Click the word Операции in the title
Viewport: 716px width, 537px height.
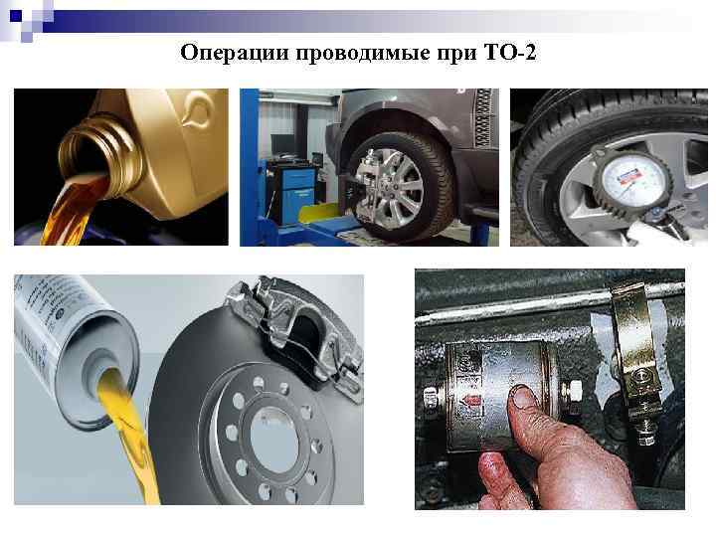pyautogui.click(x=233, y=51)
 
